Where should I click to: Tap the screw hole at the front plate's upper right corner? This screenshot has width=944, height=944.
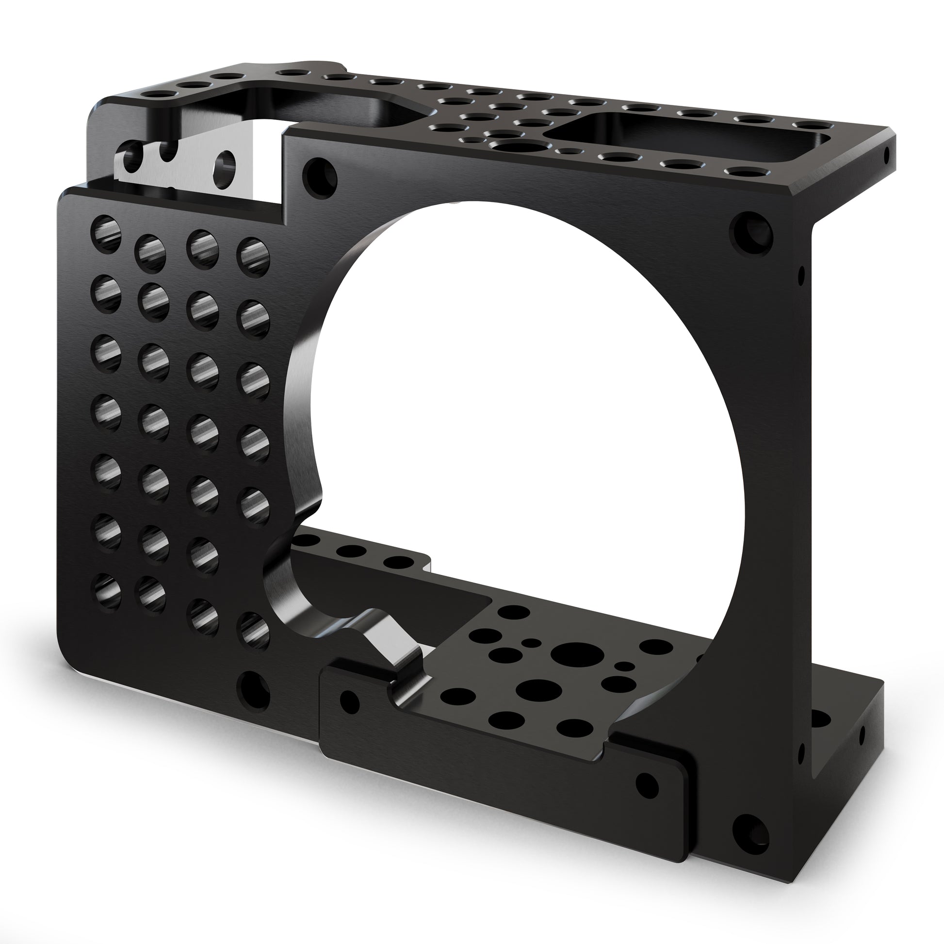[x=750, y=233]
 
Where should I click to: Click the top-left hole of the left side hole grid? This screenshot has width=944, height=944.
[x=106, y=232]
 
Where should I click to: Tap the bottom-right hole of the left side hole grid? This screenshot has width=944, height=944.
[x=254, y=630]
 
